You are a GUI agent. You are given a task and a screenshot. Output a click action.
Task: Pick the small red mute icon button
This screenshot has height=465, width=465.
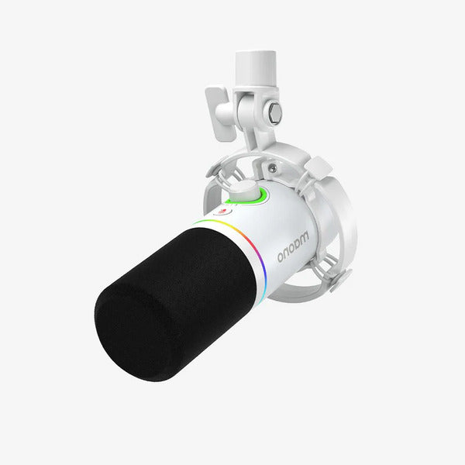224,212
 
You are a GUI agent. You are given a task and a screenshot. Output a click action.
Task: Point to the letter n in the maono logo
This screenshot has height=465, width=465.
284,255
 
